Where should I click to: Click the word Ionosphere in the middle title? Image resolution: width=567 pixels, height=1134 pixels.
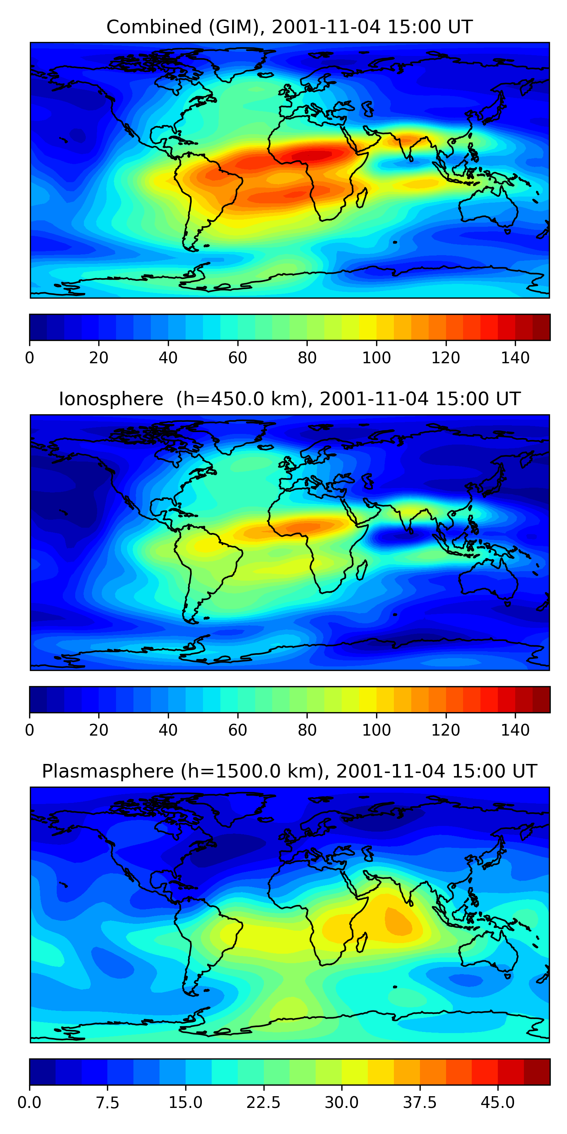click(111, 399)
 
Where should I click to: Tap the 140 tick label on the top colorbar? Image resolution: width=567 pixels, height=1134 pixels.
click(515, 358)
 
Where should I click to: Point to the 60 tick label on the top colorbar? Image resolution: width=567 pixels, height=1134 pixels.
click(238, 358)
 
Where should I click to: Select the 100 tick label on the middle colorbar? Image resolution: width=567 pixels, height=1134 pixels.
click(376, 730)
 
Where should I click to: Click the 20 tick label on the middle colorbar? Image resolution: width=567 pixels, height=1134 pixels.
click(99, 730)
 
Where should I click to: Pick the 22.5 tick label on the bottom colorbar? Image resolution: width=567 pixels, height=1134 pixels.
click(263, 1102)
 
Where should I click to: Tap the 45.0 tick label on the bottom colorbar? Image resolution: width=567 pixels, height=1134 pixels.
click(497, 1102)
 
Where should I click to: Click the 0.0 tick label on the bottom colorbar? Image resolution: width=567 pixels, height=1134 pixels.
click(29, 1102)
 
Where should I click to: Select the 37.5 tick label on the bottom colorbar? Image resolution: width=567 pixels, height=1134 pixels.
click(420, 1102)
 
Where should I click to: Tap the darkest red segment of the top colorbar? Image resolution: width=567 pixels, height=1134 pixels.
click(541, 327)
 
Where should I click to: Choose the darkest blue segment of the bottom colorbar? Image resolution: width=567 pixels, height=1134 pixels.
click(42, 1072)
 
